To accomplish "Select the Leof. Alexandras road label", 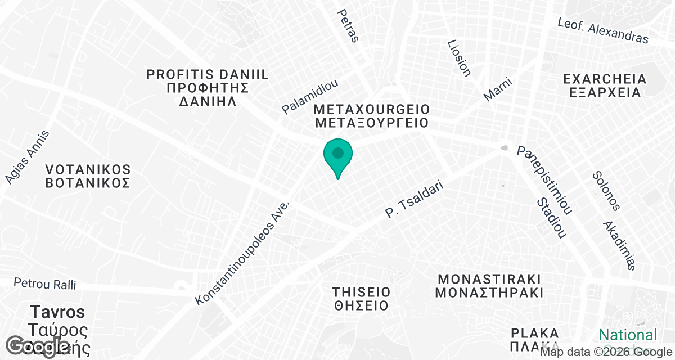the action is pyautogui.click(x=602, y=30).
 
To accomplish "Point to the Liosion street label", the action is pyautogui.click(x=458, y=57).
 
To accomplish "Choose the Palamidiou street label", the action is pyautogui.click(x=310, y=97).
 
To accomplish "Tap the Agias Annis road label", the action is pyautogui.click(x=27, y=157).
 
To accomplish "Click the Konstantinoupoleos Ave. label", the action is pyautogui.click(x=242, y=252).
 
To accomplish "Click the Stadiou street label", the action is pyautogui.click(x=551, y=218).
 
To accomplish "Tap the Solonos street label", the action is pyautogui.click(x=606, y=191).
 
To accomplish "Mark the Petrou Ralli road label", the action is pyautogui.click(x=44, y=284).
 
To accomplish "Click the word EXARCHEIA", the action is pyautogui.click(x=602, y=78).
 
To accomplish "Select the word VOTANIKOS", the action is pyautogui.click(x=88, y=169).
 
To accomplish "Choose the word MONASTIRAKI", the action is pyautogui.click(x=489, y=278).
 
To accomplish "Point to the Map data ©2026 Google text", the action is pyautogui.click(x=605, y=352).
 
